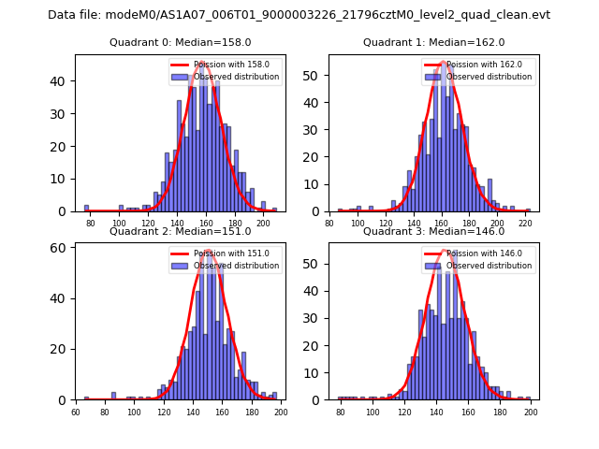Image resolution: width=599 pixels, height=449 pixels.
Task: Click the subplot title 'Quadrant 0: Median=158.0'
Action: tap(180, 42)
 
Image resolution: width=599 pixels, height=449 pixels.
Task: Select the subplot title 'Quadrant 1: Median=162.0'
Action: tap(433, 42)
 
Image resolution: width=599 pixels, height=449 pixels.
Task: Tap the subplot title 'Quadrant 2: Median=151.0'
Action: tap(180, 231)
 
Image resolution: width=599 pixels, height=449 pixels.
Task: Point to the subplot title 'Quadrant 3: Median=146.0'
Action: tap(433, 231)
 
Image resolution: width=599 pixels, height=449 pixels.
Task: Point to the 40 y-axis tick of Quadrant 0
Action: tap(62, 81)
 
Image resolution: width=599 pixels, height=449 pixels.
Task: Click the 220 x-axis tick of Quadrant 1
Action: tap(526, 224)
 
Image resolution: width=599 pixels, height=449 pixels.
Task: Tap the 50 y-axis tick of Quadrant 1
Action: tap(314, 75)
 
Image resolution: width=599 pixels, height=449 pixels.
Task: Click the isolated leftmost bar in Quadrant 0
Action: tap(86, 209)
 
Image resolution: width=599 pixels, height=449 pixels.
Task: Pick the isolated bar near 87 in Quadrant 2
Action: tap(114, 396)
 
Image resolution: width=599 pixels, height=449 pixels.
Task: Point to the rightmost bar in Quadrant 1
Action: tap(528, 210)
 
